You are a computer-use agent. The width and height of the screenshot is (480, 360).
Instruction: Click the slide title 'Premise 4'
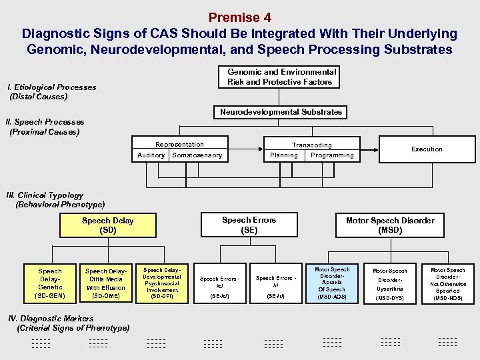(x=239, y=17)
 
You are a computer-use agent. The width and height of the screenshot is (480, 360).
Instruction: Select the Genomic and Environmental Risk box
(x=281, y=77)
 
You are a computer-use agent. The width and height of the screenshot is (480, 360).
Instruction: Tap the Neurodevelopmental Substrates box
(x=281, y=112)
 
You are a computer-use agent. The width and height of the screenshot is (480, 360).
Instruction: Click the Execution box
(x=427, y=149)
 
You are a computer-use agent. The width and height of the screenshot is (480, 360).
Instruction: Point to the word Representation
(x=179, y=144)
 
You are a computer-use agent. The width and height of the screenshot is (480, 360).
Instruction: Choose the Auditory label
(x=151, y=155)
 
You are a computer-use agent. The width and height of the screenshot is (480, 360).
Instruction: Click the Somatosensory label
(x=197, y=155)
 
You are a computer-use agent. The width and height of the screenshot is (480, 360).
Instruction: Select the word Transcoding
(x=311, y=145)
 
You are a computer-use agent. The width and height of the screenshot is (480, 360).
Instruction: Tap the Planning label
(x=284, y=155)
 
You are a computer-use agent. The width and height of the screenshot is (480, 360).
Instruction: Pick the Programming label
(x=332, y=155)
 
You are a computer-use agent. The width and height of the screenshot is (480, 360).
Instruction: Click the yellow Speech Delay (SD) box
(x=107, y=225)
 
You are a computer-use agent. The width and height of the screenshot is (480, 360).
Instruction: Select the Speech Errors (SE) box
(x=249, y=225)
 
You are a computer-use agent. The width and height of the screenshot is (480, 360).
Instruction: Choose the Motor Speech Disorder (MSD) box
(x=390, y=225)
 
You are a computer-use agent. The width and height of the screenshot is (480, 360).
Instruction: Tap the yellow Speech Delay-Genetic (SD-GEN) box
(x=50, y=283)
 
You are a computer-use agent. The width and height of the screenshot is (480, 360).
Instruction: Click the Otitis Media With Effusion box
(x=105, y=283)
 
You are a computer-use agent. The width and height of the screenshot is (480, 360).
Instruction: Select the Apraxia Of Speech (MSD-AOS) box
(x=331, y=283)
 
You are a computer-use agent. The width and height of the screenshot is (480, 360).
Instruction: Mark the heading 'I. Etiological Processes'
(x=51, y=87)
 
